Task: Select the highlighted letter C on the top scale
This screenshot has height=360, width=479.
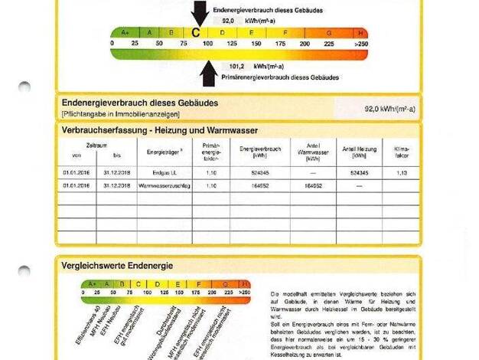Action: [x=196, y=33]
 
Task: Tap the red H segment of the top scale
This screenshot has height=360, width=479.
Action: [x=360, y=33]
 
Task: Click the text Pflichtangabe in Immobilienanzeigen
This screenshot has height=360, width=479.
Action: [x=120, y=114]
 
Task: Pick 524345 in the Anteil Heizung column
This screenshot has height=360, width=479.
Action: [x=359, y=172]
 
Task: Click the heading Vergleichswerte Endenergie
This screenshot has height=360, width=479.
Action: [x=117, y=265]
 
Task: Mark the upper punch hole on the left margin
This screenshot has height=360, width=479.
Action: [x=24, y=88]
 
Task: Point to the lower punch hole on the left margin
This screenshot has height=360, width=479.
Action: [x=24, y=272]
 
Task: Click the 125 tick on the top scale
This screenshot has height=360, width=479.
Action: [x=232, y=44]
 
